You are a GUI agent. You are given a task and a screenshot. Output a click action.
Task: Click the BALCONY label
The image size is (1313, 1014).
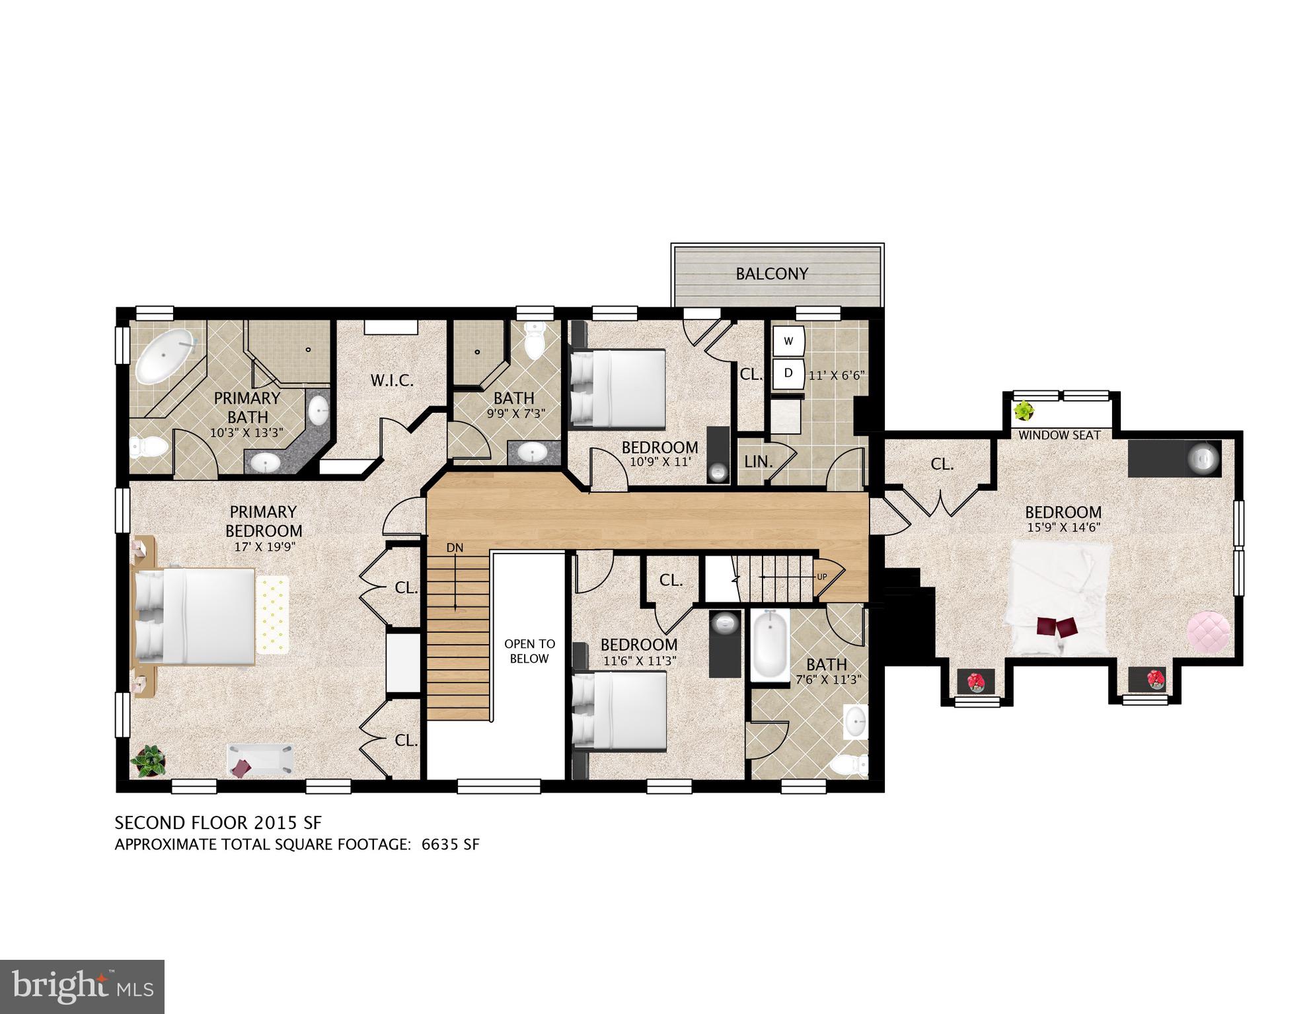point(772,273)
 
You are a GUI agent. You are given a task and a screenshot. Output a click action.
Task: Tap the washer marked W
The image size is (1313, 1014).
point(788,342)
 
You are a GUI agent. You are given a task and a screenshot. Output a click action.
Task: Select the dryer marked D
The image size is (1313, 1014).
point(788,373)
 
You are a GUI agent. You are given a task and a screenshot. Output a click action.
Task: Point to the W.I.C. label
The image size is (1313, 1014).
point(391,380)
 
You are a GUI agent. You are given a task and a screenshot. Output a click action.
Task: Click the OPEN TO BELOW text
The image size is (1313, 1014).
point(529,651)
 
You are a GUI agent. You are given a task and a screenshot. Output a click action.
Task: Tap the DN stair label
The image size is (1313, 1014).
point(455,548)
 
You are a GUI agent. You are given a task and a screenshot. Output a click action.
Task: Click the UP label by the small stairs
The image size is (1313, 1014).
point(821,577)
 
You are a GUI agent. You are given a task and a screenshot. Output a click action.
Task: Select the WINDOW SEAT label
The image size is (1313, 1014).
point(1059,435)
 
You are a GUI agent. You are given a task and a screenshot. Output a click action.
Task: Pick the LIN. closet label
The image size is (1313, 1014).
point(758,462)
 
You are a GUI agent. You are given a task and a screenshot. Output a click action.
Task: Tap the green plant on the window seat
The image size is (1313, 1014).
point(1024,412)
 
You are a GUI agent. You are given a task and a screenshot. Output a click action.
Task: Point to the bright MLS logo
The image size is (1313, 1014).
point(82,986)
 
